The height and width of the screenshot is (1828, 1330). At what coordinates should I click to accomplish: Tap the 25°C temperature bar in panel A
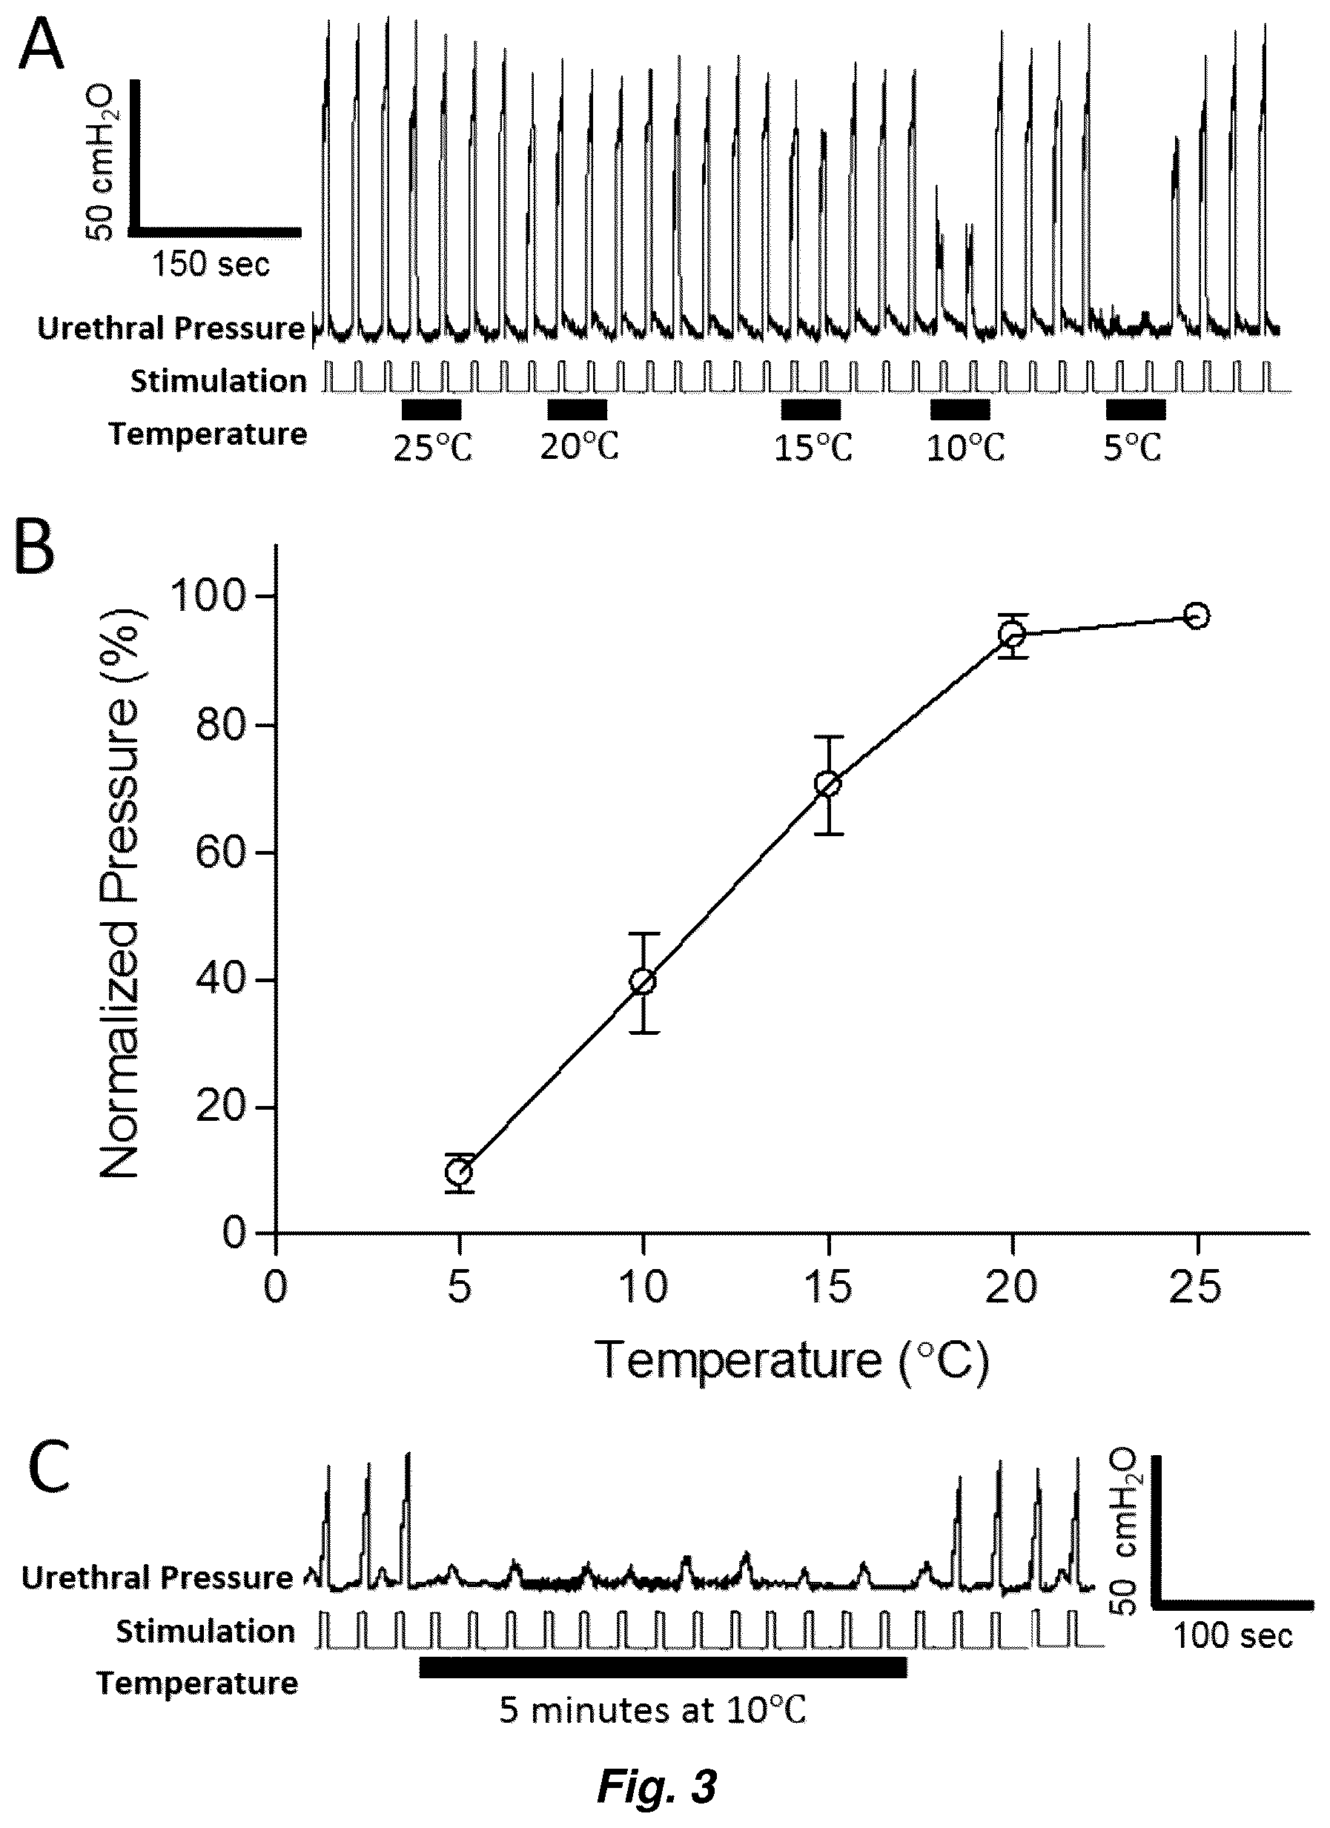click(x=431, y=410)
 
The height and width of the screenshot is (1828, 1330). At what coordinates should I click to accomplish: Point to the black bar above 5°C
click(x=1135, y=410)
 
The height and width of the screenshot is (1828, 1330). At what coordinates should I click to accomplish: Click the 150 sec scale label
click(x=211, y=264)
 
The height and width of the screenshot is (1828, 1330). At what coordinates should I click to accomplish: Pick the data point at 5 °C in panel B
click(x=460, y=1171)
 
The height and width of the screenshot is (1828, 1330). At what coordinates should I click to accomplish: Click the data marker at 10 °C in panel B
click(x=644, y=981)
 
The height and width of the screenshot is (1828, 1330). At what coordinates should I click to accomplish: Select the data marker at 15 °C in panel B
click(x=828, y=784)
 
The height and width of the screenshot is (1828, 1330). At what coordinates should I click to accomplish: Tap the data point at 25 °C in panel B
click(x=1197, y=616)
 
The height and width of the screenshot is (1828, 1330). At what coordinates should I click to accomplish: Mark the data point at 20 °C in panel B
click(x=1013, y=635)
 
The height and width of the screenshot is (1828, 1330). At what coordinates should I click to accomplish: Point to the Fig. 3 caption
click(x=657, y=1784)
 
